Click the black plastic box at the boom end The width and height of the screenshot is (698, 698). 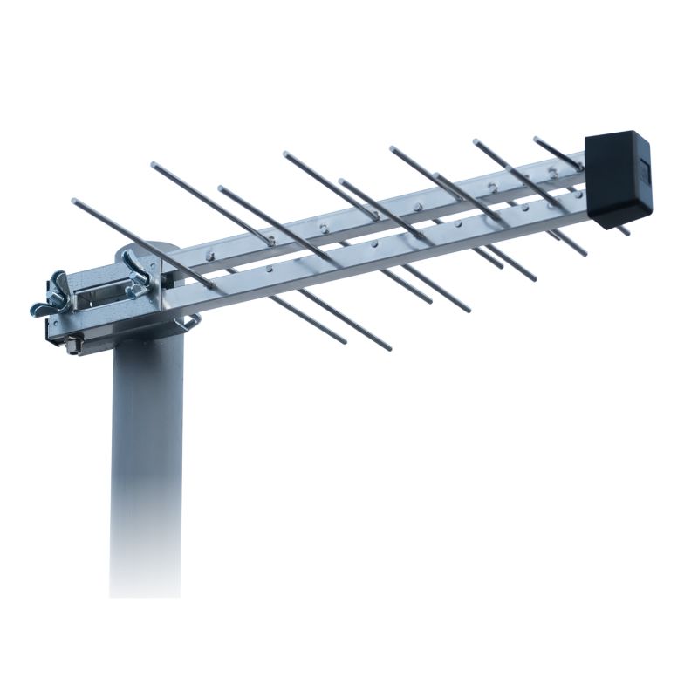618,179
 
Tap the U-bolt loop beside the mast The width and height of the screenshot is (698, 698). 188,324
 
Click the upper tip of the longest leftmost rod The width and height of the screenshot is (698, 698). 75,202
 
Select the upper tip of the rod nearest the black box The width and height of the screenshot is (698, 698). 537,139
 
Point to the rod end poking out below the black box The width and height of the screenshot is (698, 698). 623,231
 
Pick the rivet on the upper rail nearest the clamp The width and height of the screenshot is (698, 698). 209,256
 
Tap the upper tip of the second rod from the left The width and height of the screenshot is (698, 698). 154,165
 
